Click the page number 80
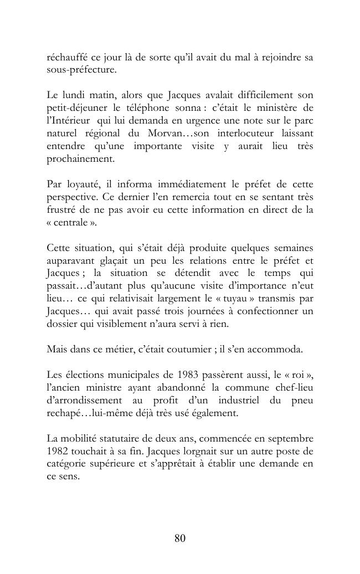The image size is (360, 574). point(179,538)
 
